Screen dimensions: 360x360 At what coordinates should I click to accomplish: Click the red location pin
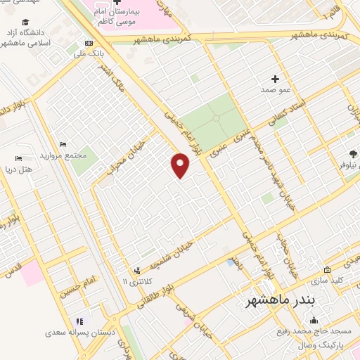(x=181, y=165)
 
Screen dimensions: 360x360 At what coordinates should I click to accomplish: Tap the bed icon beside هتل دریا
(x=18, y=158)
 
